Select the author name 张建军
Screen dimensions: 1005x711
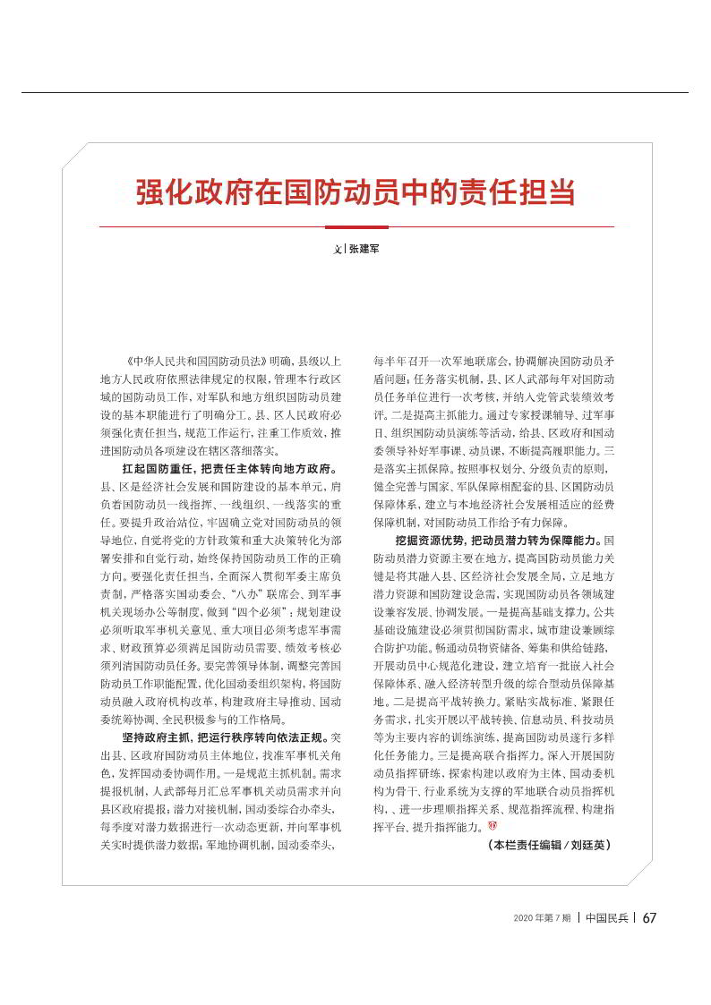(x=364, y=249)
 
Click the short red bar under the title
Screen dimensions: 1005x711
(x=356, y=227)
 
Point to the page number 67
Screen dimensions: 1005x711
(x=650, y=917)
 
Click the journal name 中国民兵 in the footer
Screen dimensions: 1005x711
(x=604, y=917)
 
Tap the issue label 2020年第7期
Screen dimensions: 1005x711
(x=543, y=918)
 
